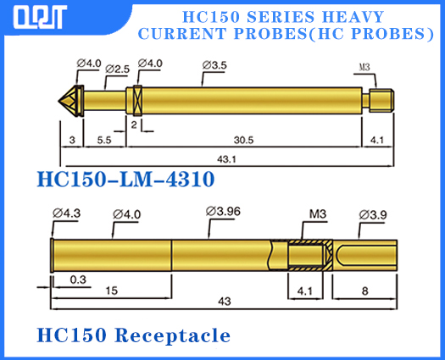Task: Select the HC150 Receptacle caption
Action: [x=133, y=335]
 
